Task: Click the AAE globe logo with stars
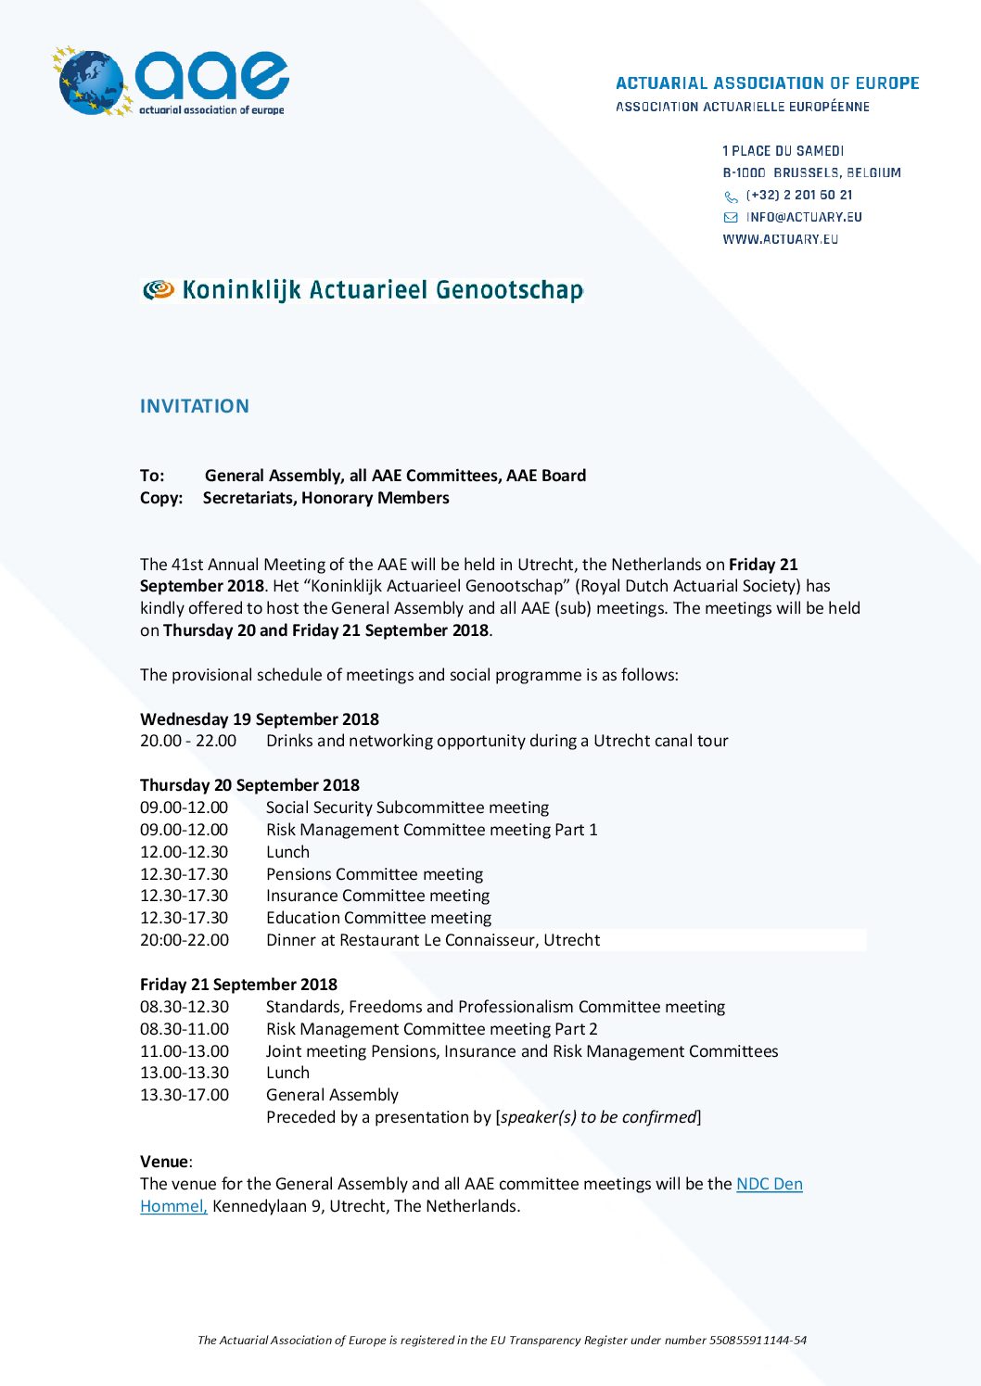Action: [x=91, y=82]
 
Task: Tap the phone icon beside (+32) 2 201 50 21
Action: [x=731, y=197]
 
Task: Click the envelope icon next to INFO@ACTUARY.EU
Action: [x=731, y=218]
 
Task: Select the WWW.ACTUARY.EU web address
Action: [x=780, y=239]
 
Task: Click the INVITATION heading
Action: [x=194, y=406]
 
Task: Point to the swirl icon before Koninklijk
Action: [x=158, y=290]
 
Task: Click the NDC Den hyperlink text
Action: [x=769, y=1184]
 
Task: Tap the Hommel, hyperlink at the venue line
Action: [x=173, y=1206]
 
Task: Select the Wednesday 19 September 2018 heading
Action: [x=259, y=719]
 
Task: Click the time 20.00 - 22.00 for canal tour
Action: [x=188, y=741]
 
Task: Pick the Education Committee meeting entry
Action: [x=378, y=918]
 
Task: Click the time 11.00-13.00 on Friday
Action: [x=184, y=1051]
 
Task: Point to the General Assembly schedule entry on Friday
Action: [x=332, y=1095]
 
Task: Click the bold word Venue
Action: [x=164, y=1162]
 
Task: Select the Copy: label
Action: [x=161, y=498]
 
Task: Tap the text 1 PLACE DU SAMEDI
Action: [x=783, y=151]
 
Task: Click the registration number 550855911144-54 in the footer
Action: [x=758, y=1340]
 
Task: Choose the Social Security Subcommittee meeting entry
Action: [x=407, y=807]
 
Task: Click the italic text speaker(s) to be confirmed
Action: [x=598, y=1117]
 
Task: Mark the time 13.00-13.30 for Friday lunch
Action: [x=184, y=1073]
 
